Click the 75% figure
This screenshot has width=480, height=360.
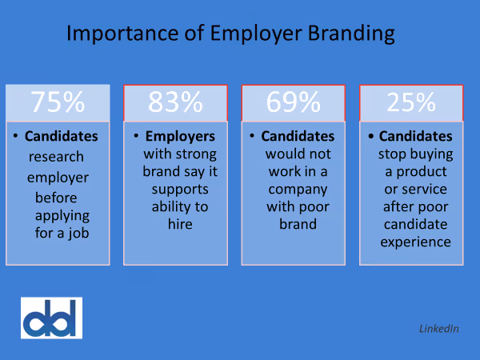click(x=57, y=102)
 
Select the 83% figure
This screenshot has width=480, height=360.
click(x=175, y=102)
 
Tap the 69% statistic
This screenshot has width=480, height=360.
click(x=294, y=102)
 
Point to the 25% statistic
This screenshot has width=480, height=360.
click(x=412, y=102)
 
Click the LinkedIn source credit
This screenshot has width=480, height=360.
click(x=438, y=329)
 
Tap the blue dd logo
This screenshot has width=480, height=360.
click(x=51, y=318)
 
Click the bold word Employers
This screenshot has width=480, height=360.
click(x=181, y=136)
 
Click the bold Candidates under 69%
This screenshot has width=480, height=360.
click(x=298, y=136)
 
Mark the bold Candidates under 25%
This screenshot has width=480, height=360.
click(x=416, y=136)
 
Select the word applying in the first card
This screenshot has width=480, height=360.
click(x=62, y=215)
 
